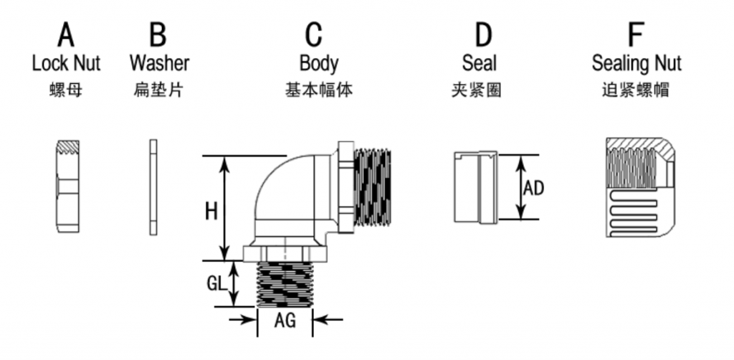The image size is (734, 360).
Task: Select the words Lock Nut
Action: point(66,63)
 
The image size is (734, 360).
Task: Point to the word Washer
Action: point(160,63)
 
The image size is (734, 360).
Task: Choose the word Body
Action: point(319,64)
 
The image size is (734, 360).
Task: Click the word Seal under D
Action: point(480,63)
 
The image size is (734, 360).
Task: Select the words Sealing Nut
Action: point(637,64)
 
